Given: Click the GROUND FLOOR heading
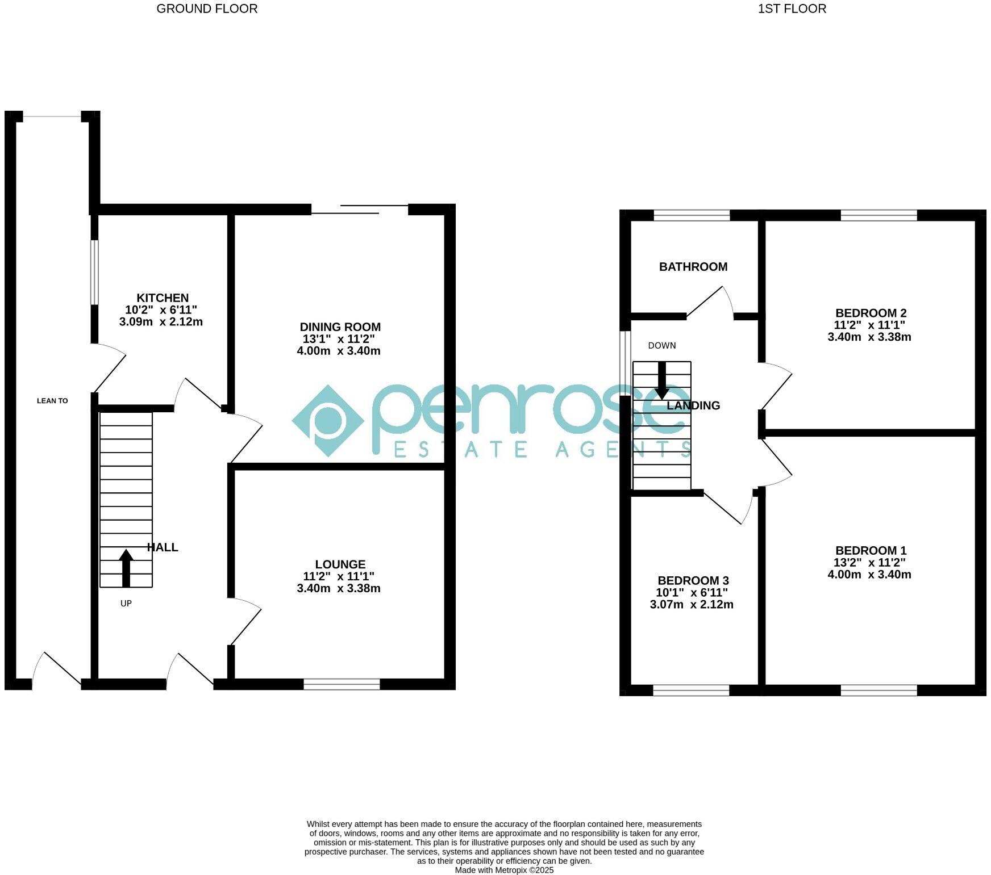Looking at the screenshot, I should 207,9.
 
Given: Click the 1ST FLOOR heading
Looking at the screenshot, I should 792,9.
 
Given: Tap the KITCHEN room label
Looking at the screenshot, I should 162,298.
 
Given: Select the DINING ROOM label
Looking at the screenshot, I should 340,327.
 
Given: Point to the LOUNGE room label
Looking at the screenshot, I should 340,564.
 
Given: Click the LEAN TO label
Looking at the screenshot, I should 52,401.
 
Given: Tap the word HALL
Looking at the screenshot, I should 163,547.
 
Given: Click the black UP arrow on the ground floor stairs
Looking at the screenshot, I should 126,567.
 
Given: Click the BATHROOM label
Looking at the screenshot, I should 693,267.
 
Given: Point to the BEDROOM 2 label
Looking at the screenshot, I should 871,313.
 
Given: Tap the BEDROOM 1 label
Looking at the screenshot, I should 871,551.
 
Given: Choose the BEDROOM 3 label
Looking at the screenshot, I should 693,581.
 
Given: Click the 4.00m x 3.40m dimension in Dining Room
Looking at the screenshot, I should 339,351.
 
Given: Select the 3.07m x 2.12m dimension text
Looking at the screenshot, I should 692,605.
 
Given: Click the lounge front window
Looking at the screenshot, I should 342,684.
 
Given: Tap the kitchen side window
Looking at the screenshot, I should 95,273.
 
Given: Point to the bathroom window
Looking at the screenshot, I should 692,215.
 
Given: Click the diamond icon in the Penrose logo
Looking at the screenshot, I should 328,421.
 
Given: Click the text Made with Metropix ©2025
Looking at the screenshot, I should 504,870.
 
